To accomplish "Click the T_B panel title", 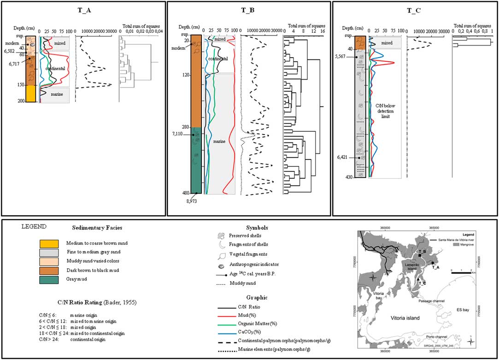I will point(249,11).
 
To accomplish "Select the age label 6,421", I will point(344,157).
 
